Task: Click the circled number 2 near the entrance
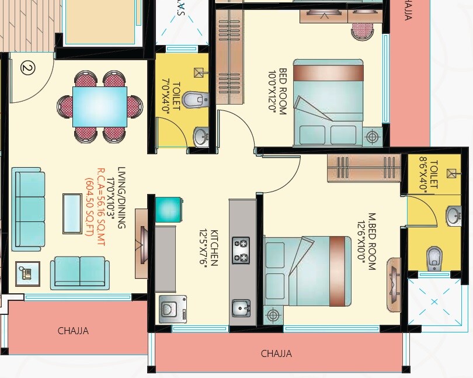point(27,67)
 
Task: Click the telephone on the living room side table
point(27,273)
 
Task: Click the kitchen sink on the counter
point(241,307)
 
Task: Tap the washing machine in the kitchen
point(173,308)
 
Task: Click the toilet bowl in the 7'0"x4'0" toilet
point(193,100)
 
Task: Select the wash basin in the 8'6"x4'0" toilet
point(454,216)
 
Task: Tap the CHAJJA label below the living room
point(73,331)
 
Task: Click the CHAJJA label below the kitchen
point(276,353)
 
